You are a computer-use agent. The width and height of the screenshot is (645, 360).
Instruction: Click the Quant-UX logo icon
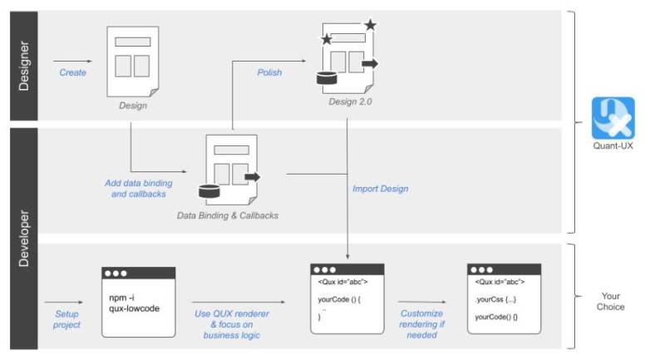613,117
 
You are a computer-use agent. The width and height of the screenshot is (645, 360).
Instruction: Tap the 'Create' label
72,72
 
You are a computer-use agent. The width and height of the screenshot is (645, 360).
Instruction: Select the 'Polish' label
268,72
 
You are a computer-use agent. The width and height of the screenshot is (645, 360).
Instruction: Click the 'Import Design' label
381,189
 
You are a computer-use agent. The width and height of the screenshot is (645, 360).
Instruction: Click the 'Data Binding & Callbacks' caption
228,215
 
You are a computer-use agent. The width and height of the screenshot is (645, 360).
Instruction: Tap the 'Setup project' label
67,319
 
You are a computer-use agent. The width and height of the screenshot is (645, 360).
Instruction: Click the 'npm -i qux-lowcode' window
138,302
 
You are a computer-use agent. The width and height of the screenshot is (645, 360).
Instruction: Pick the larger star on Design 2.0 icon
370,25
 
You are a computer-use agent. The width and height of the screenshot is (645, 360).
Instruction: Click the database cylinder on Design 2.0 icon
325,79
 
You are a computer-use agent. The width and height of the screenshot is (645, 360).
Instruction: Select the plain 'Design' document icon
132,61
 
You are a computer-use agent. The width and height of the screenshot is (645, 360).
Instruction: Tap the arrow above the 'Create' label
72,61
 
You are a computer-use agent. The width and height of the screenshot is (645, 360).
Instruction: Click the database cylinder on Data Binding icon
209,193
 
